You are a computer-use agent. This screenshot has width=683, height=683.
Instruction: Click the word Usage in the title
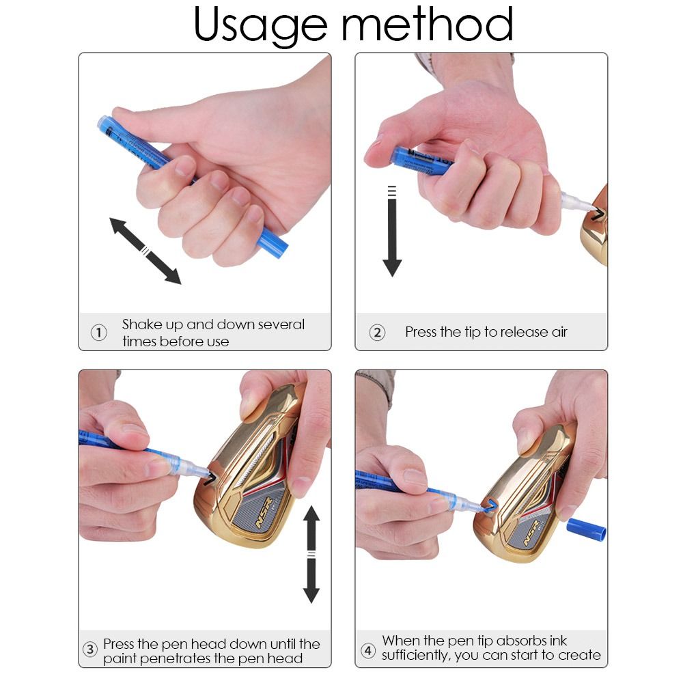(x=260, y=25)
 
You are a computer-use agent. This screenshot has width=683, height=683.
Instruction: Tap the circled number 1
(x=99, y=333)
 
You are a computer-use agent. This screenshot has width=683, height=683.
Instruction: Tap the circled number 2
(x=377, y=333)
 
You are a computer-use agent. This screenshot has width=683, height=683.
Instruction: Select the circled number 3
(x=90, y=650)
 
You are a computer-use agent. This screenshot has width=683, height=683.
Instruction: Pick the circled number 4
(x=368, y=650)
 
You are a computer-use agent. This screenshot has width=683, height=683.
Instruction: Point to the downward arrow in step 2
(x=392, y=232)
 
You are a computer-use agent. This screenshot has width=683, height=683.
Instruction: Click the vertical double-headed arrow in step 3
(x=311, y=555)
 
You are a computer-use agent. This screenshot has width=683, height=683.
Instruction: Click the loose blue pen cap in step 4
(x=586, y=529)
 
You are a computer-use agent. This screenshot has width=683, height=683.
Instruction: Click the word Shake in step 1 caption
(x=139, y=324)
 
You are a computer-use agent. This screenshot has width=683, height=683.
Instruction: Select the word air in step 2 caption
(x=559, y=333)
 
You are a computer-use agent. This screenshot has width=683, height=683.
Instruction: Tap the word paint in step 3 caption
(x=122, y=658)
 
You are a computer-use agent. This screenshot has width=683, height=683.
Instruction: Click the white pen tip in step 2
(x=575, y=201)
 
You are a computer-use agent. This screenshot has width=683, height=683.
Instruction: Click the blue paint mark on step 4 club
(x=490, y=505)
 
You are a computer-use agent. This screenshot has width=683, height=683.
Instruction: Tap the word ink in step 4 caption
(x=556, y=641)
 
